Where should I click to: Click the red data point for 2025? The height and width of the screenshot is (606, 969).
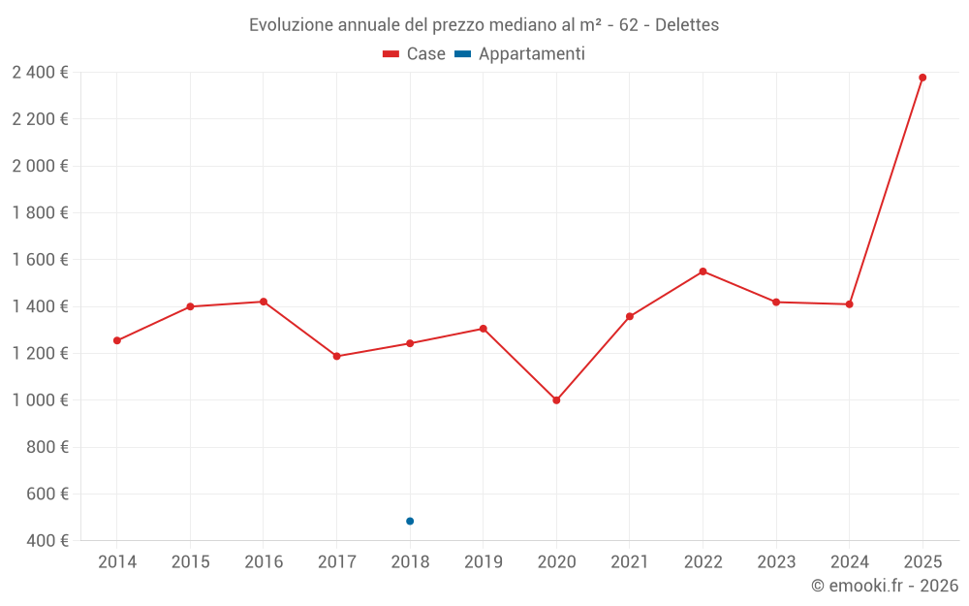[x=922, y=78]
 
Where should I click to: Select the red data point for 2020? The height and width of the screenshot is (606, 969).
[x=556, y=400]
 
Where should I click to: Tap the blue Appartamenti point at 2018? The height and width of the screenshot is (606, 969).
[x=410, y=522]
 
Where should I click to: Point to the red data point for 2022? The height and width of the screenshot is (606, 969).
[x=703, y=271]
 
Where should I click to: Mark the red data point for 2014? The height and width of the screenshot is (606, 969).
[x=117, y=340]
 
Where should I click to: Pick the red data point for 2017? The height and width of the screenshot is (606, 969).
[x=336, y=356]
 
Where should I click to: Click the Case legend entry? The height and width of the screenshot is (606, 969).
[x=414, y=54]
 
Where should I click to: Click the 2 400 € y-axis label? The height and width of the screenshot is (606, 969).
[x=41, y=72]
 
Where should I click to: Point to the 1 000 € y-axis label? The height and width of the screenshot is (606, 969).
[x=41, y=400]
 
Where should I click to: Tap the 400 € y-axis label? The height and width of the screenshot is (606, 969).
[x=46, y=541]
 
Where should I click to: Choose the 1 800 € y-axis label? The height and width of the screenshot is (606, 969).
[x=41, y=212]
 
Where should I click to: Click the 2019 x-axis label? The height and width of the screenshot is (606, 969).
[x=483, y=561]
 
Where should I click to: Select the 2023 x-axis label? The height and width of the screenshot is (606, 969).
[x=776, y=561]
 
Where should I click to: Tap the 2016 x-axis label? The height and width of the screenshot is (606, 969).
[x=264, y=561]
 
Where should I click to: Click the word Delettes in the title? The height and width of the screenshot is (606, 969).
[x=687, y=25]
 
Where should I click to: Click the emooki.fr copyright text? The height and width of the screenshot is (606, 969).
[x=885, y=586]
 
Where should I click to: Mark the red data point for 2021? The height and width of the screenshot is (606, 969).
[x=630, y=316]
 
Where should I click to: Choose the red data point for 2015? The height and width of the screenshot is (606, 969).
[x=190, y=306]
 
